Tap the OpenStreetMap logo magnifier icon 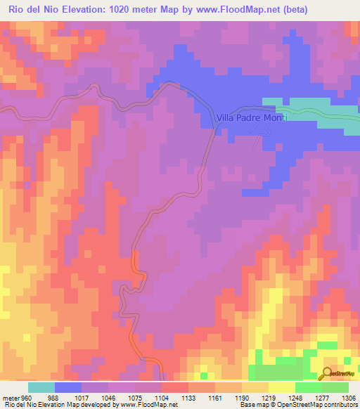tap(328, 373)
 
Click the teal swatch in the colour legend tap(41, 387)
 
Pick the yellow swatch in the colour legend tap(282, 387)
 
